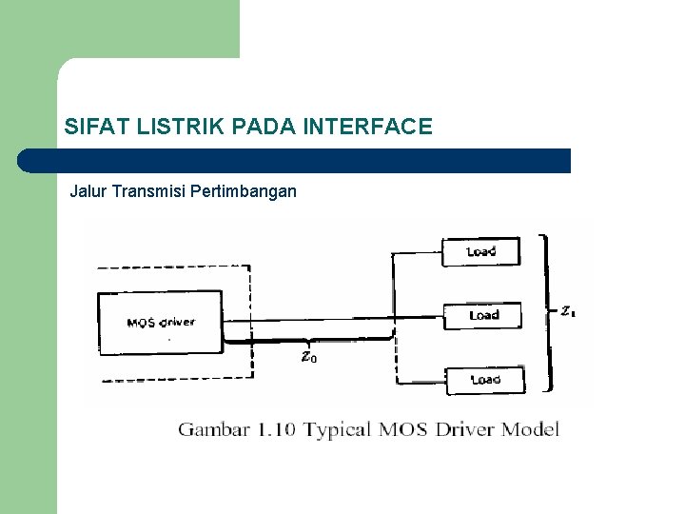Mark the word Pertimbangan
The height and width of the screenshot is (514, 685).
244,191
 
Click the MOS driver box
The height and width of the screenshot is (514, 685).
160,322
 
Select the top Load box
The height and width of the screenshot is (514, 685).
481,252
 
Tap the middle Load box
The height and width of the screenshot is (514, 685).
483,315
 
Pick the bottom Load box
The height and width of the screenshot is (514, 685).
484,379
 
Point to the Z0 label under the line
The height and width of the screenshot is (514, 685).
308,357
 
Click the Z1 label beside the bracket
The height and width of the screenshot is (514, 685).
567,310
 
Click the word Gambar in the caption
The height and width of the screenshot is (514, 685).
213,430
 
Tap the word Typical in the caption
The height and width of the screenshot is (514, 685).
339,430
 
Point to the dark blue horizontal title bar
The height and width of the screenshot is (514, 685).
295,161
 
